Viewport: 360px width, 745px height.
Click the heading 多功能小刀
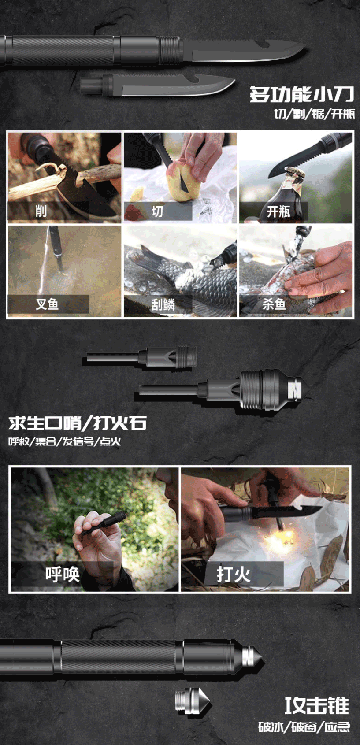(302, 94)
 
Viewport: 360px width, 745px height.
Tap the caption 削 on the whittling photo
(41, 211)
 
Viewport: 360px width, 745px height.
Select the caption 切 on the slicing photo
(157, 211)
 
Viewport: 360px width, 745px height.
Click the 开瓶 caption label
(278, 211)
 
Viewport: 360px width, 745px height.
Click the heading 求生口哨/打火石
(78, 423)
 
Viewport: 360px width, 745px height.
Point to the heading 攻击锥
(317, 706)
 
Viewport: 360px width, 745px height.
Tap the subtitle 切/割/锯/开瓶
(315, 114)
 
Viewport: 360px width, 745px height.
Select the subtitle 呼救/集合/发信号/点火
(64, 442)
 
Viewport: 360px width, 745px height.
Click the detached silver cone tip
(193, 701)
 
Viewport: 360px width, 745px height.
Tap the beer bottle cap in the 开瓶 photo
(294, 172)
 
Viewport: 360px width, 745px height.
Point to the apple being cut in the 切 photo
(183, 180)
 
